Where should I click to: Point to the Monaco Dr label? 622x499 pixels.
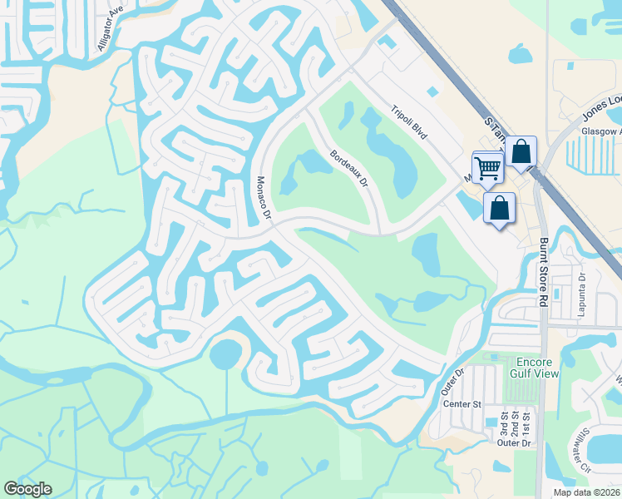264,198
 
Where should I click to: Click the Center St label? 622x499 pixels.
462,404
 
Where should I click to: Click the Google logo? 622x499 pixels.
28,489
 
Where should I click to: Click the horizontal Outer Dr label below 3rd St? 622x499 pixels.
513,443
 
